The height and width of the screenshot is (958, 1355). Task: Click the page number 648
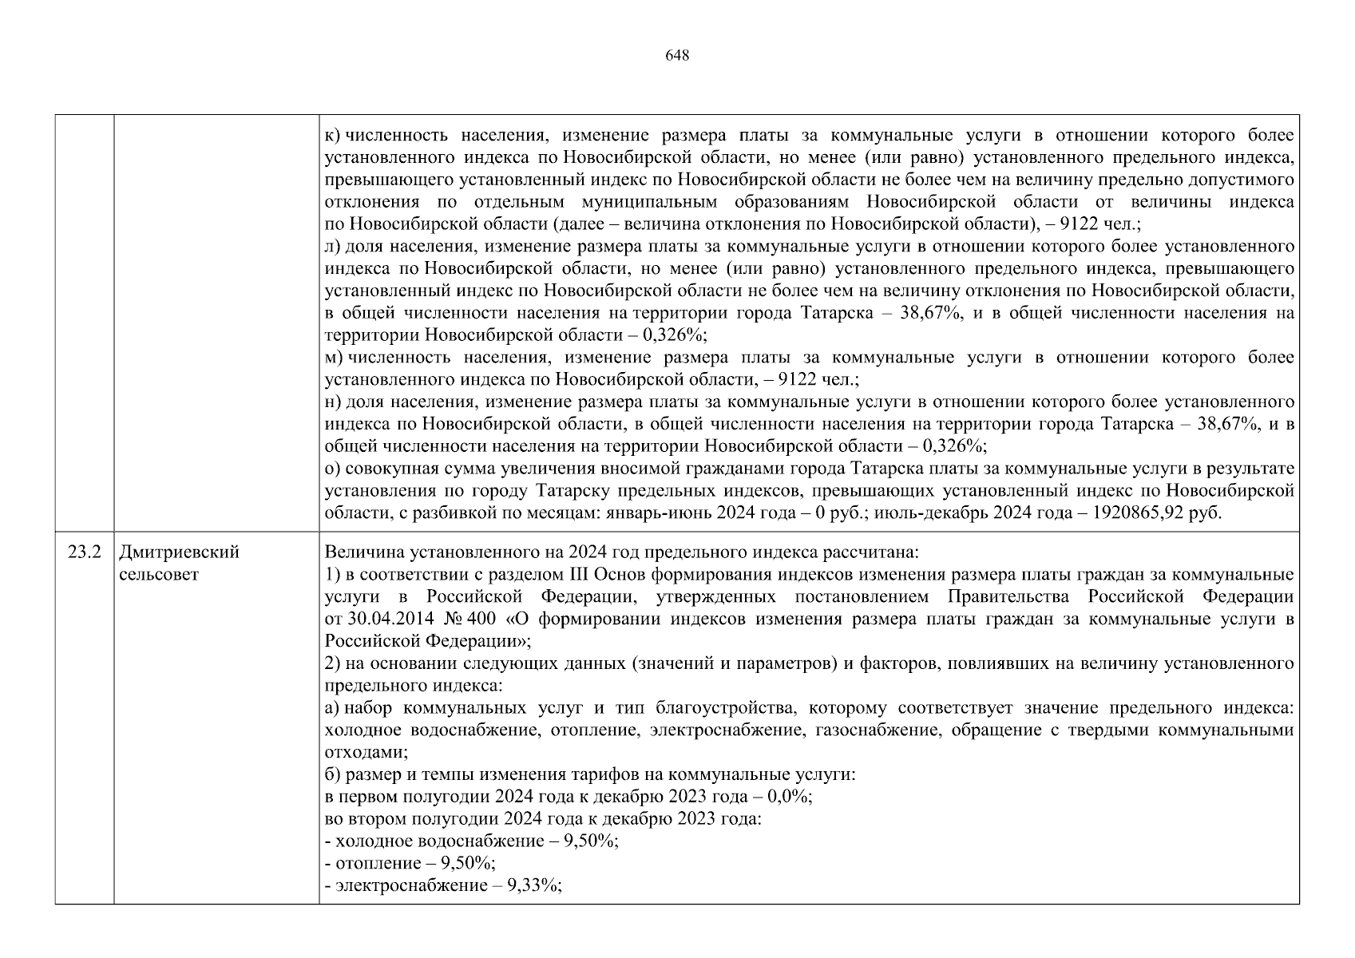[x=676, y=55]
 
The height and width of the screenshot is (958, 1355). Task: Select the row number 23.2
[x=85, y=552]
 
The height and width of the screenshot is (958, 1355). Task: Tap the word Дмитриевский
[x=179, y=552]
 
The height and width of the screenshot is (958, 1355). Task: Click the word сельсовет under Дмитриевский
[x=158, y=574]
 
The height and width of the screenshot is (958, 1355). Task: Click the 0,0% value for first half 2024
[x=788, y=797]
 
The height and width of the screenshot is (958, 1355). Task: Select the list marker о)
[x=334, y=468]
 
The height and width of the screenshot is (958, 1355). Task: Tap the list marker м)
[x=334, y=357]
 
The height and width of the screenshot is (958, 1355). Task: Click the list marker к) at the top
[x=333, y=136]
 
